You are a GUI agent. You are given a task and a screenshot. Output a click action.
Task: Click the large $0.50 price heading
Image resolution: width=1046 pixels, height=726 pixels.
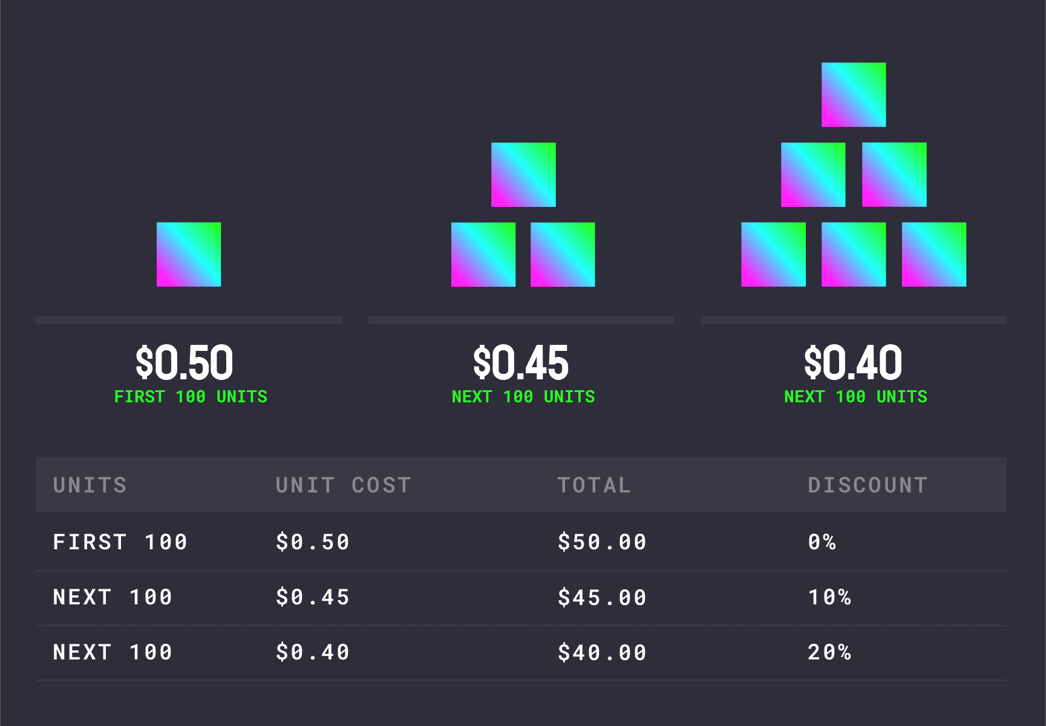coord(184,363)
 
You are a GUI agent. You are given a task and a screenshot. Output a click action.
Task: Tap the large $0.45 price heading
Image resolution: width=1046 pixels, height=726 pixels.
coord(521,363)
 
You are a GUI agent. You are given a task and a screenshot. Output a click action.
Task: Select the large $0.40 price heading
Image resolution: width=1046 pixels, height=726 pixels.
coord(853,363)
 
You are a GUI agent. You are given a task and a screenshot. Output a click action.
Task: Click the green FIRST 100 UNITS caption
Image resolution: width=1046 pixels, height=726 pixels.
coord(191,397)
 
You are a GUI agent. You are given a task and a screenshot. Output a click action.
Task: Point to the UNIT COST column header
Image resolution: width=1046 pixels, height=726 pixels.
coord(343,485)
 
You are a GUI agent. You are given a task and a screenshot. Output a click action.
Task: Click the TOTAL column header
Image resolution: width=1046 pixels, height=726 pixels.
coord(594,485)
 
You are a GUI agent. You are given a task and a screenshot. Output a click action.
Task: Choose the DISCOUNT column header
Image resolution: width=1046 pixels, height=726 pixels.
coord(868,485)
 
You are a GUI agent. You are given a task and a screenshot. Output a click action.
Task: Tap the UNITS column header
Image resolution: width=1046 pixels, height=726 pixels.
coord(90,485)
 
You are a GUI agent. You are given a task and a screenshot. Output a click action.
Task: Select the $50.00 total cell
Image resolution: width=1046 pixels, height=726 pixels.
coord(602,542)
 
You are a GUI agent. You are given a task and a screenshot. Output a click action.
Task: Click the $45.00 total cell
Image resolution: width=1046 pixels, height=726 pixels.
coord(602,598)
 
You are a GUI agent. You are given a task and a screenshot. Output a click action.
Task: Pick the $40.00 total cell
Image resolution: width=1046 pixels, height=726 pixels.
coord(602,653)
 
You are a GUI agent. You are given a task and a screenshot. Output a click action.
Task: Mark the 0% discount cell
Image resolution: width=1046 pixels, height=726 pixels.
coord(822,542)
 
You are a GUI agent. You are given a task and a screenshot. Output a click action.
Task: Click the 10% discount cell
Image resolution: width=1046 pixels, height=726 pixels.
coord(829,598)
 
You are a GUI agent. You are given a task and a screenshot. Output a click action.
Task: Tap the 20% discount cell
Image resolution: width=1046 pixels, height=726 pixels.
coord(829,653)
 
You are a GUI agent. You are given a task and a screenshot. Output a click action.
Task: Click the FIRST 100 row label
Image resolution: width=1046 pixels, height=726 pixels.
coord(120,542)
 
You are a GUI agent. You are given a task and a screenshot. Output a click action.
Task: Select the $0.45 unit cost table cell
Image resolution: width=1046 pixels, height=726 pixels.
coord(313,598)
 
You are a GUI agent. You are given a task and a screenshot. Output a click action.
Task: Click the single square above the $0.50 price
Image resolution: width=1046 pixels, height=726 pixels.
coord(189,254)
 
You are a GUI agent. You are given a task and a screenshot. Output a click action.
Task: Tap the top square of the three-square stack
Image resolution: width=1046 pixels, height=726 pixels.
coord(523,175)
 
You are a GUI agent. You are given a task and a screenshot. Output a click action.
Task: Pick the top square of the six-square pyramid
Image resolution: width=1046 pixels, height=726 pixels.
coord(854,94)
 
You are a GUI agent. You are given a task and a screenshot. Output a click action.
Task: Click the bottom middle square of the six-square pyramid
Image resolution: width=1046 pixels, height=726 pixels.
coord(854,254)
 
